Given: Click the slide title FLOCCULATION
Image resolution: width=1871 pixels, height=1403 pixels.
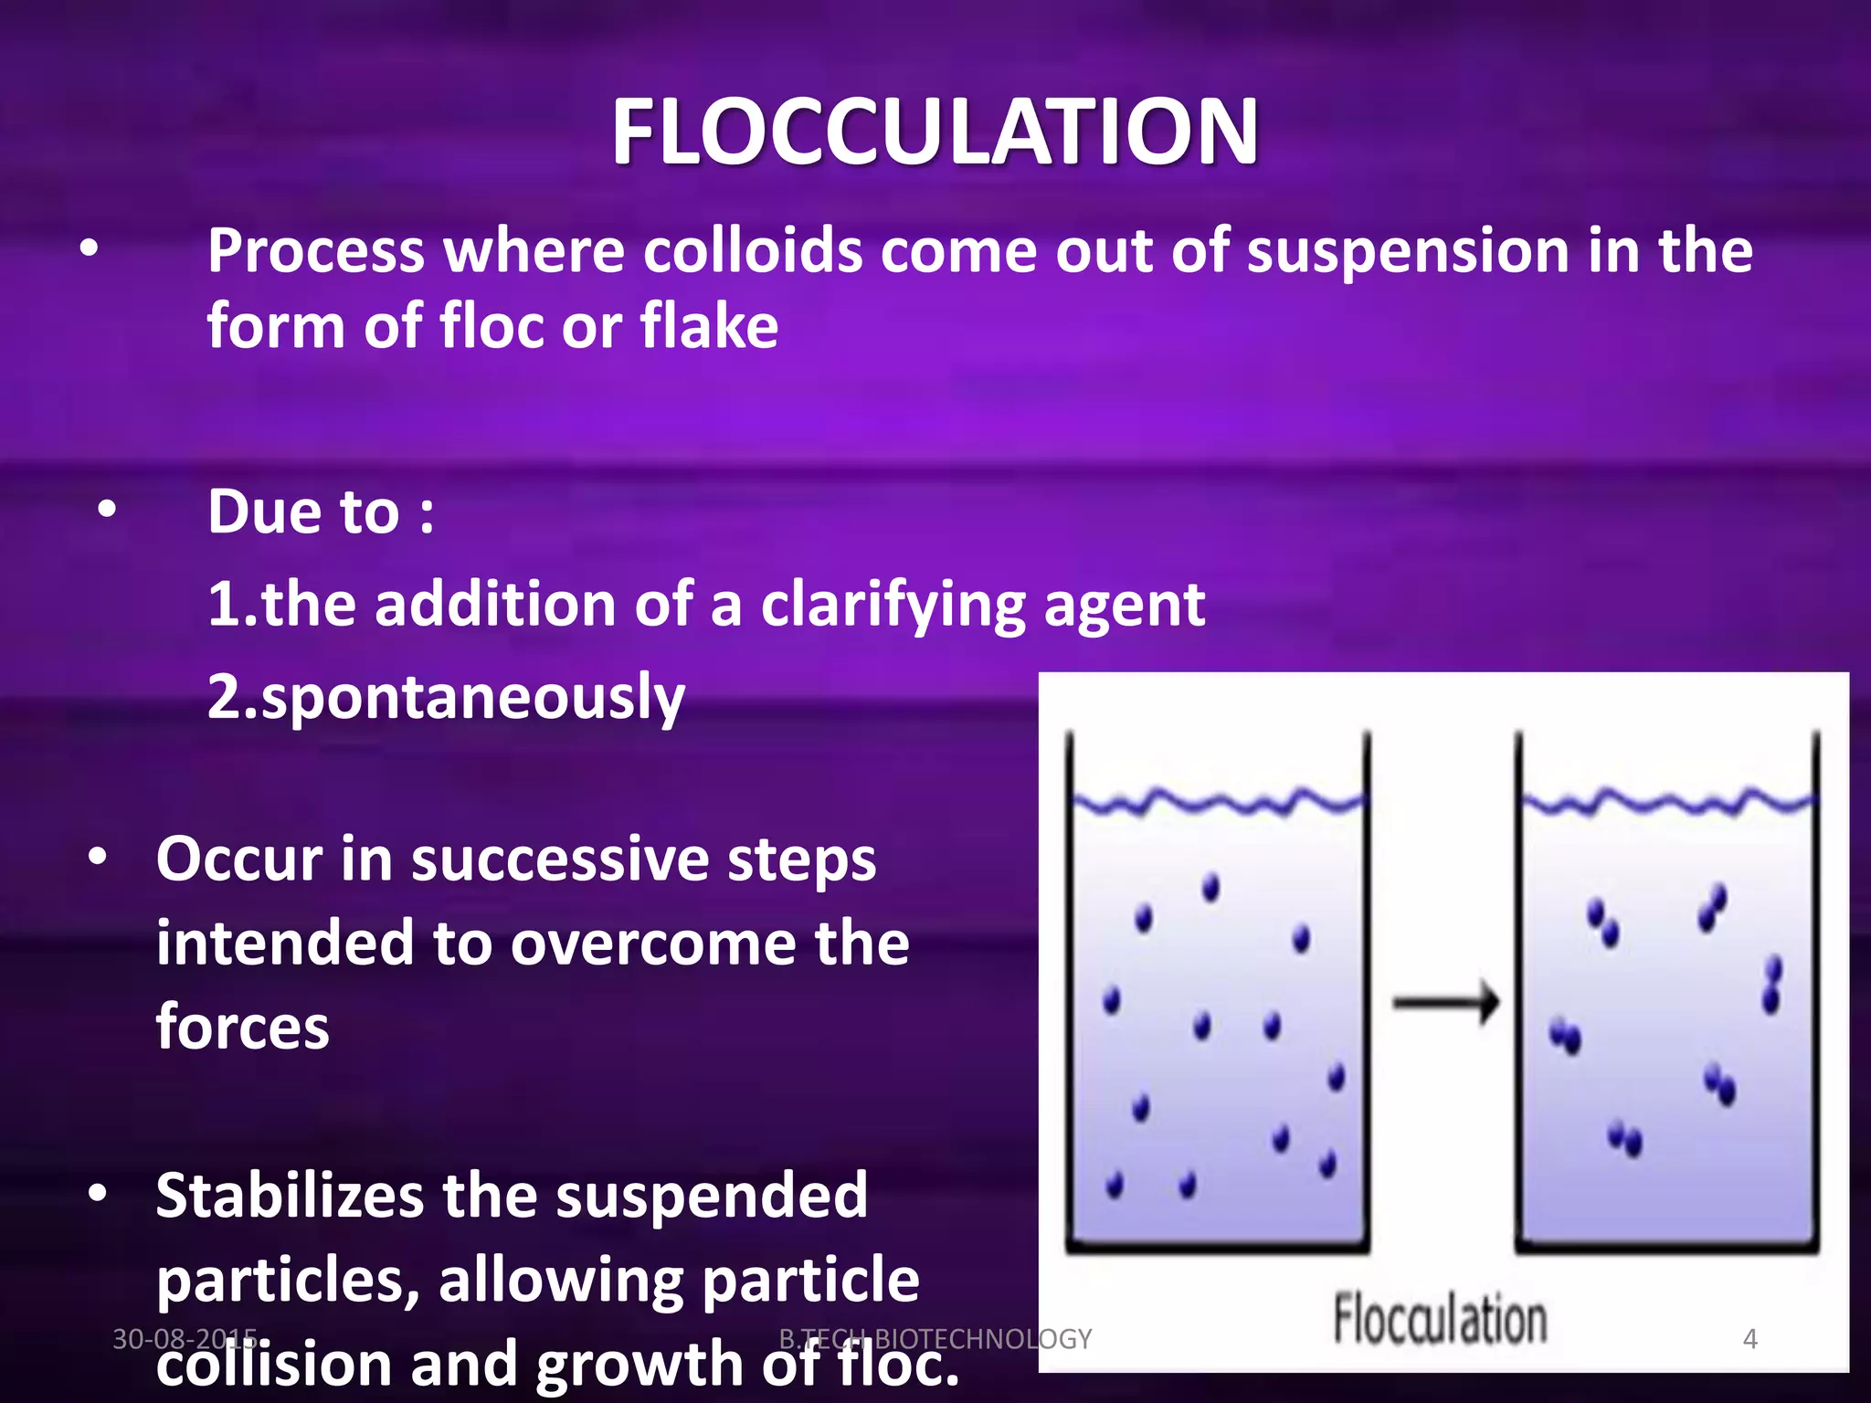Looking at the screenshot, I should click(x=935, y=132).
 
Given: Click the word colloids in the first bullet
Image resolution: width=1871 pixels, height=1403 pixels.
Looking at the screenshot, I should click(x=752, y=250).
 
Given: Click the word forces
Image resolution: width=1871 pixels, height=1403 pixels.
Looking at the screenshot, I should click(x=242, y=1028).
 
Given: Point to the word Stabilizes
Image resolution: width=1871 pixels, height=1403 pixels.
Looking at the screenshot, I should click(x=289, y=1196).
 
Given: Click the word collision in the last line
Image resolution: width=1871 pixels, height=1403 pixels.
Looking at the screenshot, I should click(x=274, y=1364).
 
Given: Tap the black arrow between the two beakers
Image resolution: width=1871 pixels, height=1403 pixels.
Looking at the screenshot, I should click(x=1445, y=1003).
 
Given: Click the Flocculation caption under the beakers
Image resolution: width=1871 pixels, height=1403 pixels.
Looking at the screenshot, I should click(x=1439, y=1320).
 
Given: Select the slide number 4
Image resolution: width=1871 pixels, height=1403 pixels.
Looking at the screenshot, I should click(x=1749, y=1339).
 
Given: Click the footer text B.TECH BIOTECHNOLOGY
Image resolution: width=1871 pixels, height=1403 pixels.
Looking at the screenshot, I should click(x=935, y=1339).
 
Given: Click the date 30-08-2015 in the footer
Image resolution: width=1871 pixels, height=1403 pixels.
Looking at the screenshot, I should click(x=184, y=1339).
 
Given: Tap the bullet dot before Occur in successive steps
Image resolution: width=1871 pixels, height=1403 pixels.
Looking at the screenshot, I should click(x=98, y=858).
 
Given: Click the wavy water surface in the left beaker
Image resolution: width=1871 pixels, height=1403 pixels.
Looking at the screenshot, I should click(x=1217, y=803).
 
